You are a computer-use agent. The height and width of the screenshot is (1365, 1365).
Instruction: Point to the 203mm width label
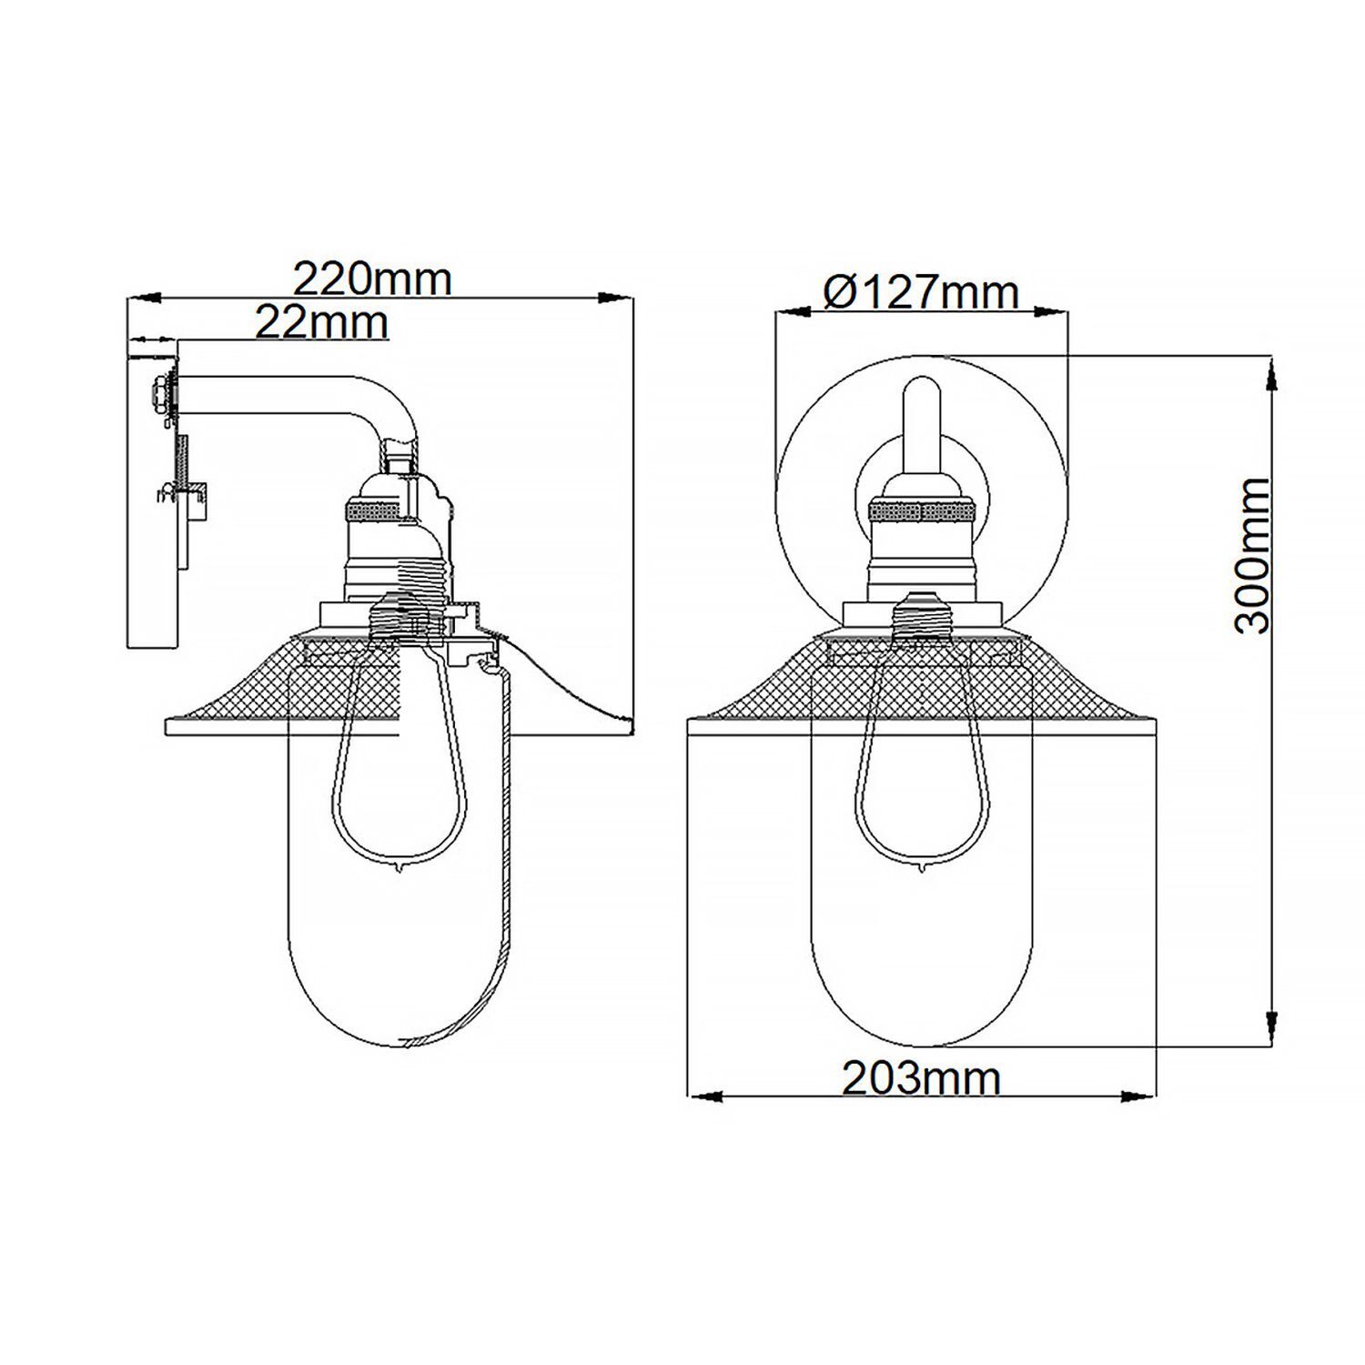click(x=920, y=1078)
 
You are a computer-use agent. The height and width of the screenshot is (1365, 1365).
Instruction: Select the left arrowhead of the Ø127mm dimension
click(x=793, y=312)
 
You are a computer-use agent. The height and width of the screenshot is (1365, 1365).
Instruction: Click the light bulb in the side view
click(x=398, y=764)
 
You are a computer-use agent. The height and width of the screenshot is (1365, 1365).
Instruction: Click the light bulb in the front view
click(x=920, y=764)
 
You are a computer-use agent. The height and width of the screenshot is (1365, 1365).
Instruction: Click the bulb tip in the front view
click(x=921, y=866)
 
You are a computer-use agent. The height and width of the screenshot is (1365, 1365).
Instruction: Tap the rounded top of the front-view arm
click(x=920, y=389)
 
